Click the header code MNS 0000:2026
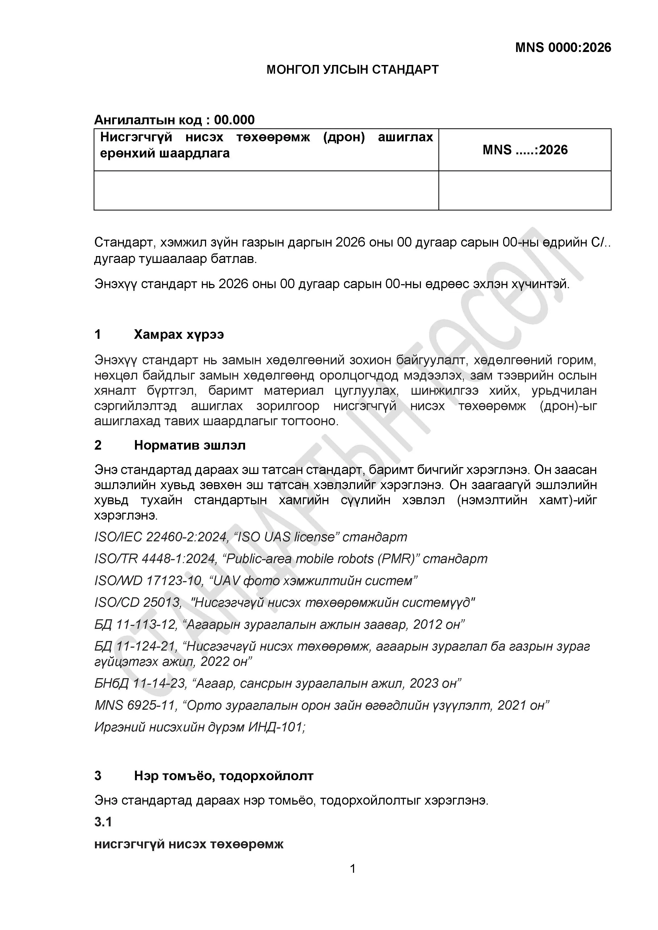pos(563,48)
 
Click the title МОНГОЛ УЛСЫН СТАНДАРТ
pos(352,70)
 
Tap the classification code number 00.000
pos(234,120)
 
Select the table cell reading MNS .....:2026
pos(525,150)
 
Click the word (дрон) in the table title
pos(344,137)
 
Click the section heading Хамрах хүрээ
pos(179,335)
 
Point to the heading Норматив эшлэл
pos(190,445)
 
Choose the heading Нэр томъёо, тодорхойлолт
pos(224,776)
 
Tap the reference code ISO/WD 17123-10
pos(148,581)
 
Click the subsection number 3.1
pos(103,822)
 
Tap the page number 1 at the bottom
pos(352,868)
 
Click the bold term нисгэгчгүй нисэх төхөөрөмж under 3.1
pos(189,844)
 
